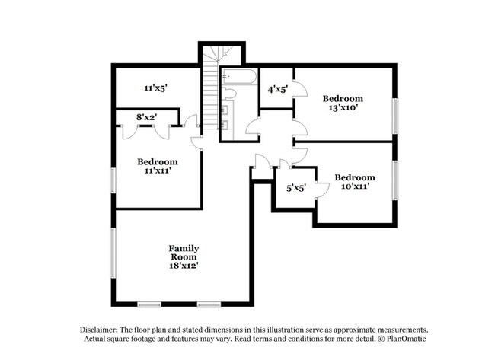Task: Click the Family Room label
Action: [184, 253]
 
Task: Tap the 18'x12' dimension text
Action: [184, 266]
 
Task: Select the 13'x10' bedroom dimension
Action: [343, 107]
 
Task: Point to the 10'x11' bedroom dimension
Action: [355, 186]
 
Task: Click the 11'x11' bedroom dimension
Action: [158, 170]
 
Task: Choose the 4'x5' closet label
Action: [278, 90]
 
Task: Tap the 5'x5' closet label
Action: [296, 188]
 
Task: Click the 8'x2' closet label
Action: [147, 117]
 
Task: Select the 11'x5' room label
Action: [155, 88]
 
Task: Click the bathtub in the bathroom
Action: [239, 77]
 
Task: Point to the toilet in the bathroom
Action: [228, 94]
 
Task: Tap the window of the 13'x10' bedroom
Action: [395, 116]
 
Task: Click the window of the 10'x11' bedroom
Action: [395, 180]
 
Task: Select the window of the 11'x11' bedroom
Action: [113, 180]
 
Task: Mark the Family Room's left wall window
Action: [113, 253]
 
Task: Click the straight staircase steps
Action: [210, 94]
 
